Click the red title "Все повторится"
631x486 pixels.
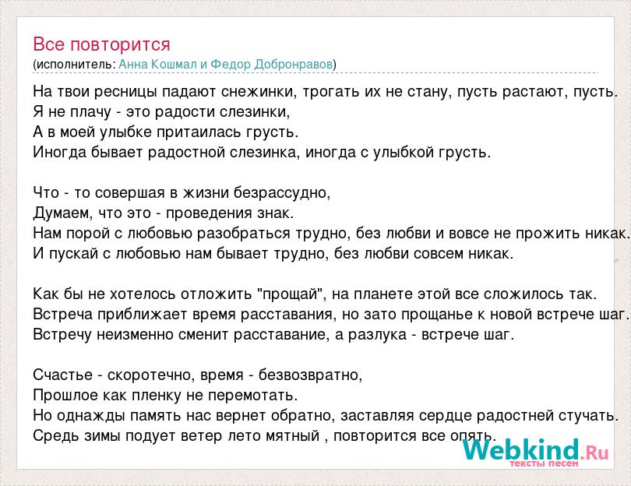[x=101, y=44]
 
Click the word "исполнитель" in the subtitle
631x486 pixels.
[x=74, y=65]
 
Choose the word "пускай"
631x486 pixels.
[x=74, y=254]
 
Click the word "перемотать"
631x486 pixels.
[x=252, y=396]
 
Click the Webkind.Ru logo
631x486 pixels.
[x=535, y=452]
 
